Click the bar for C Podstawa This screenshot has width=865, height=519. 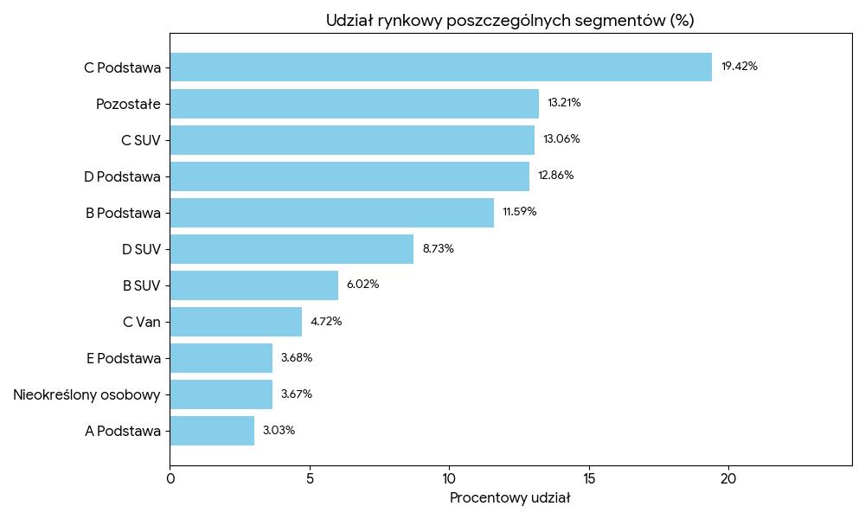[440, 67]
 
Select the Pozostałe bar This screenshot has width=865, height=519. [354, 103]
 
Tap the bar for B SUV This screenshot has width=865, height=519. [253, 285]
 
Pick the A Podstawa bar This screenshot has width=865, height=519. [212, 430]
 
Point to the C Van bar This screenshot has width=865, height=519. [235, 321]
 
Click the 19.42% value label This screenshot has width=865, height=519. [740, 67]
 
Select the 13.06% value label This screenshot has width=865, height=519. [561, 139]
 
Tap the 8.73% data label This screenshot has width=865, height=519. [438, 248]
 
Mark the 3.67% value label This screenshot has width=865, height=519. [296, 394]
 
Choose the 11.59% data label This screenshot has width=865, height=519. [519, 212]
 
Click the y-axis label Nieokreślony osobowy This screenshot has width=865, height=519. [86, 394]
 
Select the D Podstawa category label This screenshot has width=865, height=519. [122, 176]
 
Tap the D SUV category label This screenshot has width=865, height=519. [141, 249]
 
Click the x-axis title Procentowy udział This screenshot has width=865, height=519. [510, 498]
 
